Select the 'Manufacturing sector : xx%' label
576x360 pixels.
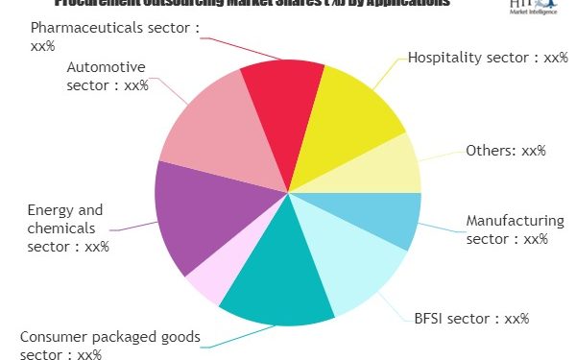pos(515,230)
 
